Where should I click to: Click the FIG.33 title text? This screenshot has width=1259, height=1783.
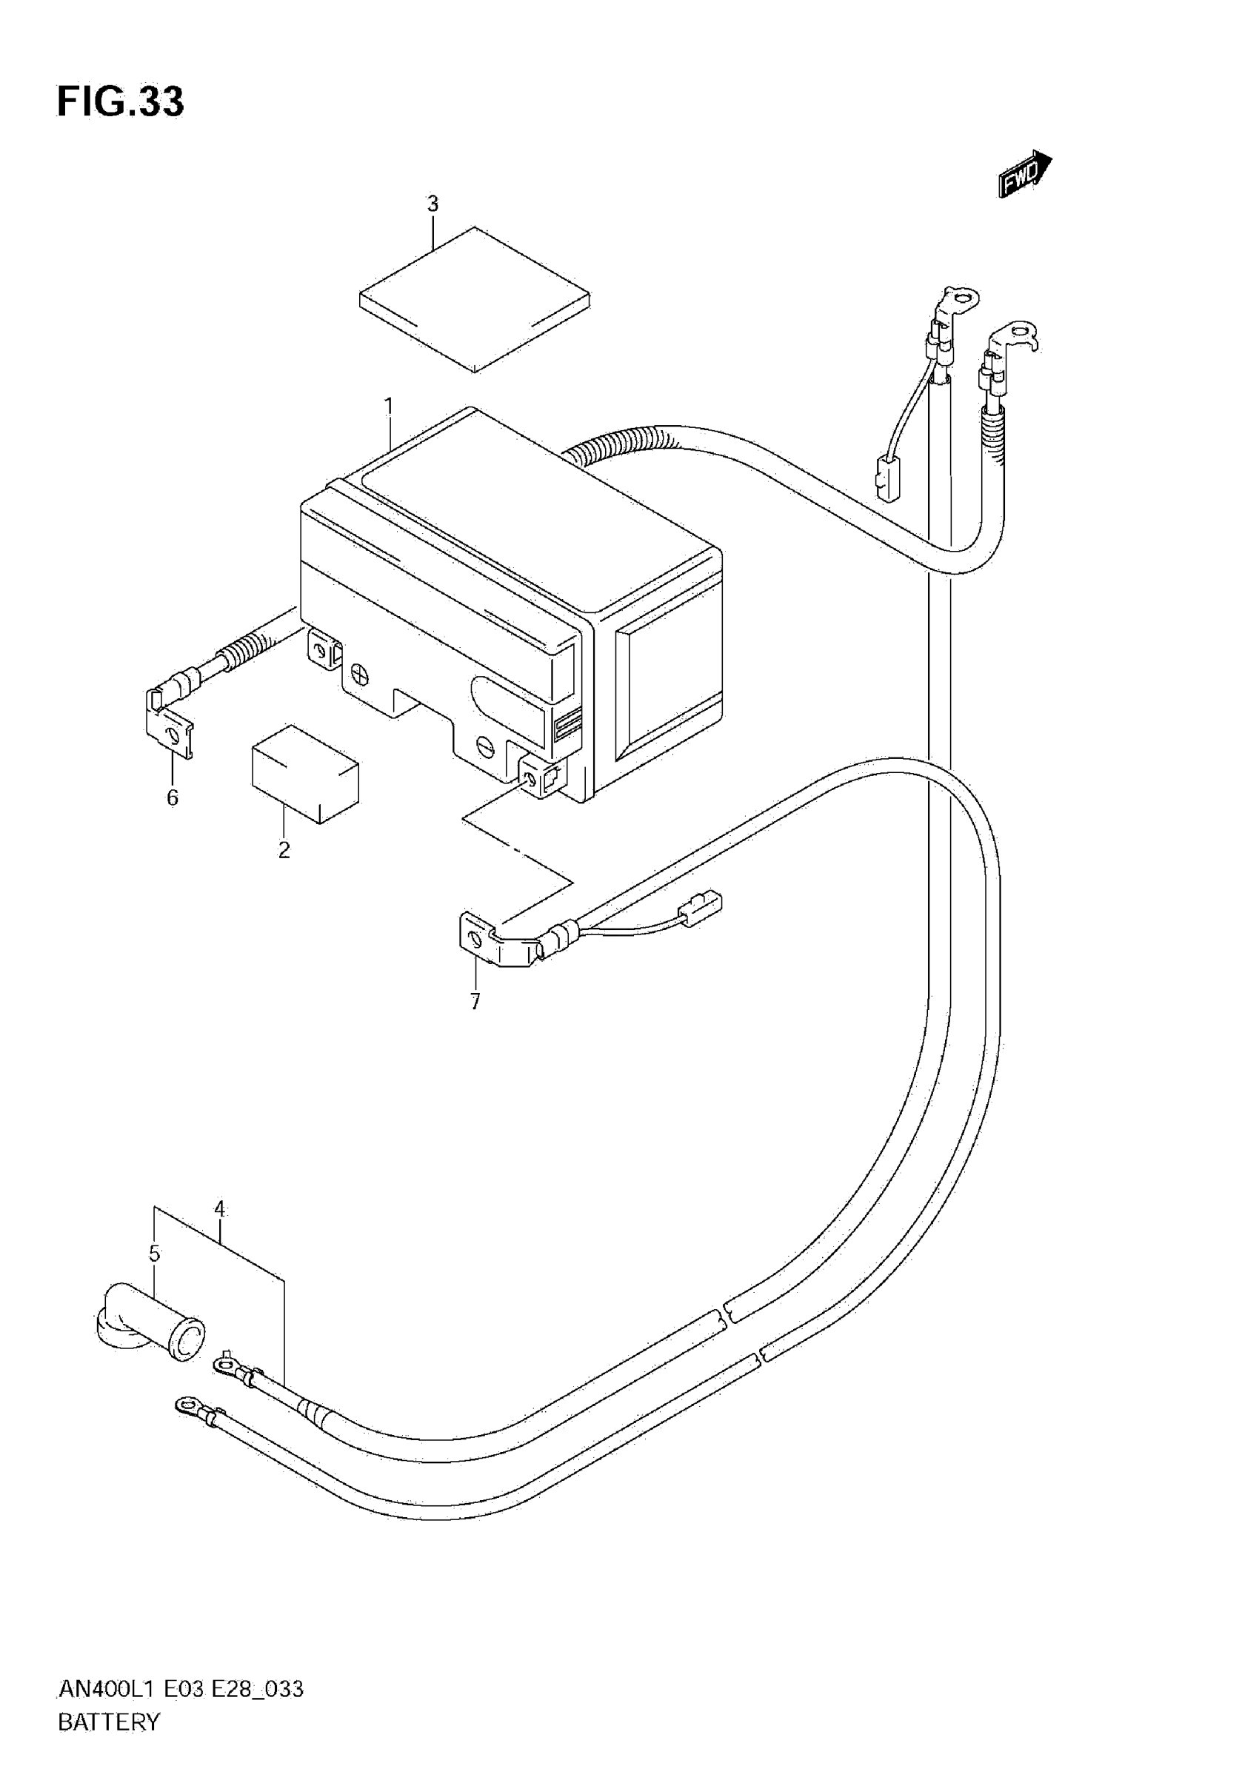(x=121, y=101)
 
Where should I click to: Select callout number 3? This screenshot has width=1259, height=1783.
(x=433, y=204)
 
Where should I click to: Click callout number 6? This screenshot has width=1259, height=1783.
(x=173, y=797)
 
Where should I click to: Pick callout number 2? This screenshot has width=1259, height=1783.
(x=284, y=850)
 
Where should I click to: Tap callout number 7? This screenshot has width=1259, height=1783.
(x=475, y=1002)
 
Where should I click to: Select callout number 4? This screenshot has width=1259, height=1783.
(x=220, y=1209)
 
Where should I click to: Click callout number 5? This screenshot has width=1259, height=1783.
(x=155, y=1254)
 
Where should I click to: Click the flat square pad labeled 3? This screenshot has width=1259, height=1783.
(x=475, y=299)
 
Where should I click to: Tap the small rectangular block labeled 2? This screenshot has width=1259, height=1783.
(x=305, y=773)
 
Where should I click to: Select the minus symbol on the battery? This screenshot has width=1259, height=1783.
(x=485, y=747)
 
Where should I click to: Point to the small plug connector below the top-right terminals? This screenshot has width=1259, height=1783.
(x=885, y=478)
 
